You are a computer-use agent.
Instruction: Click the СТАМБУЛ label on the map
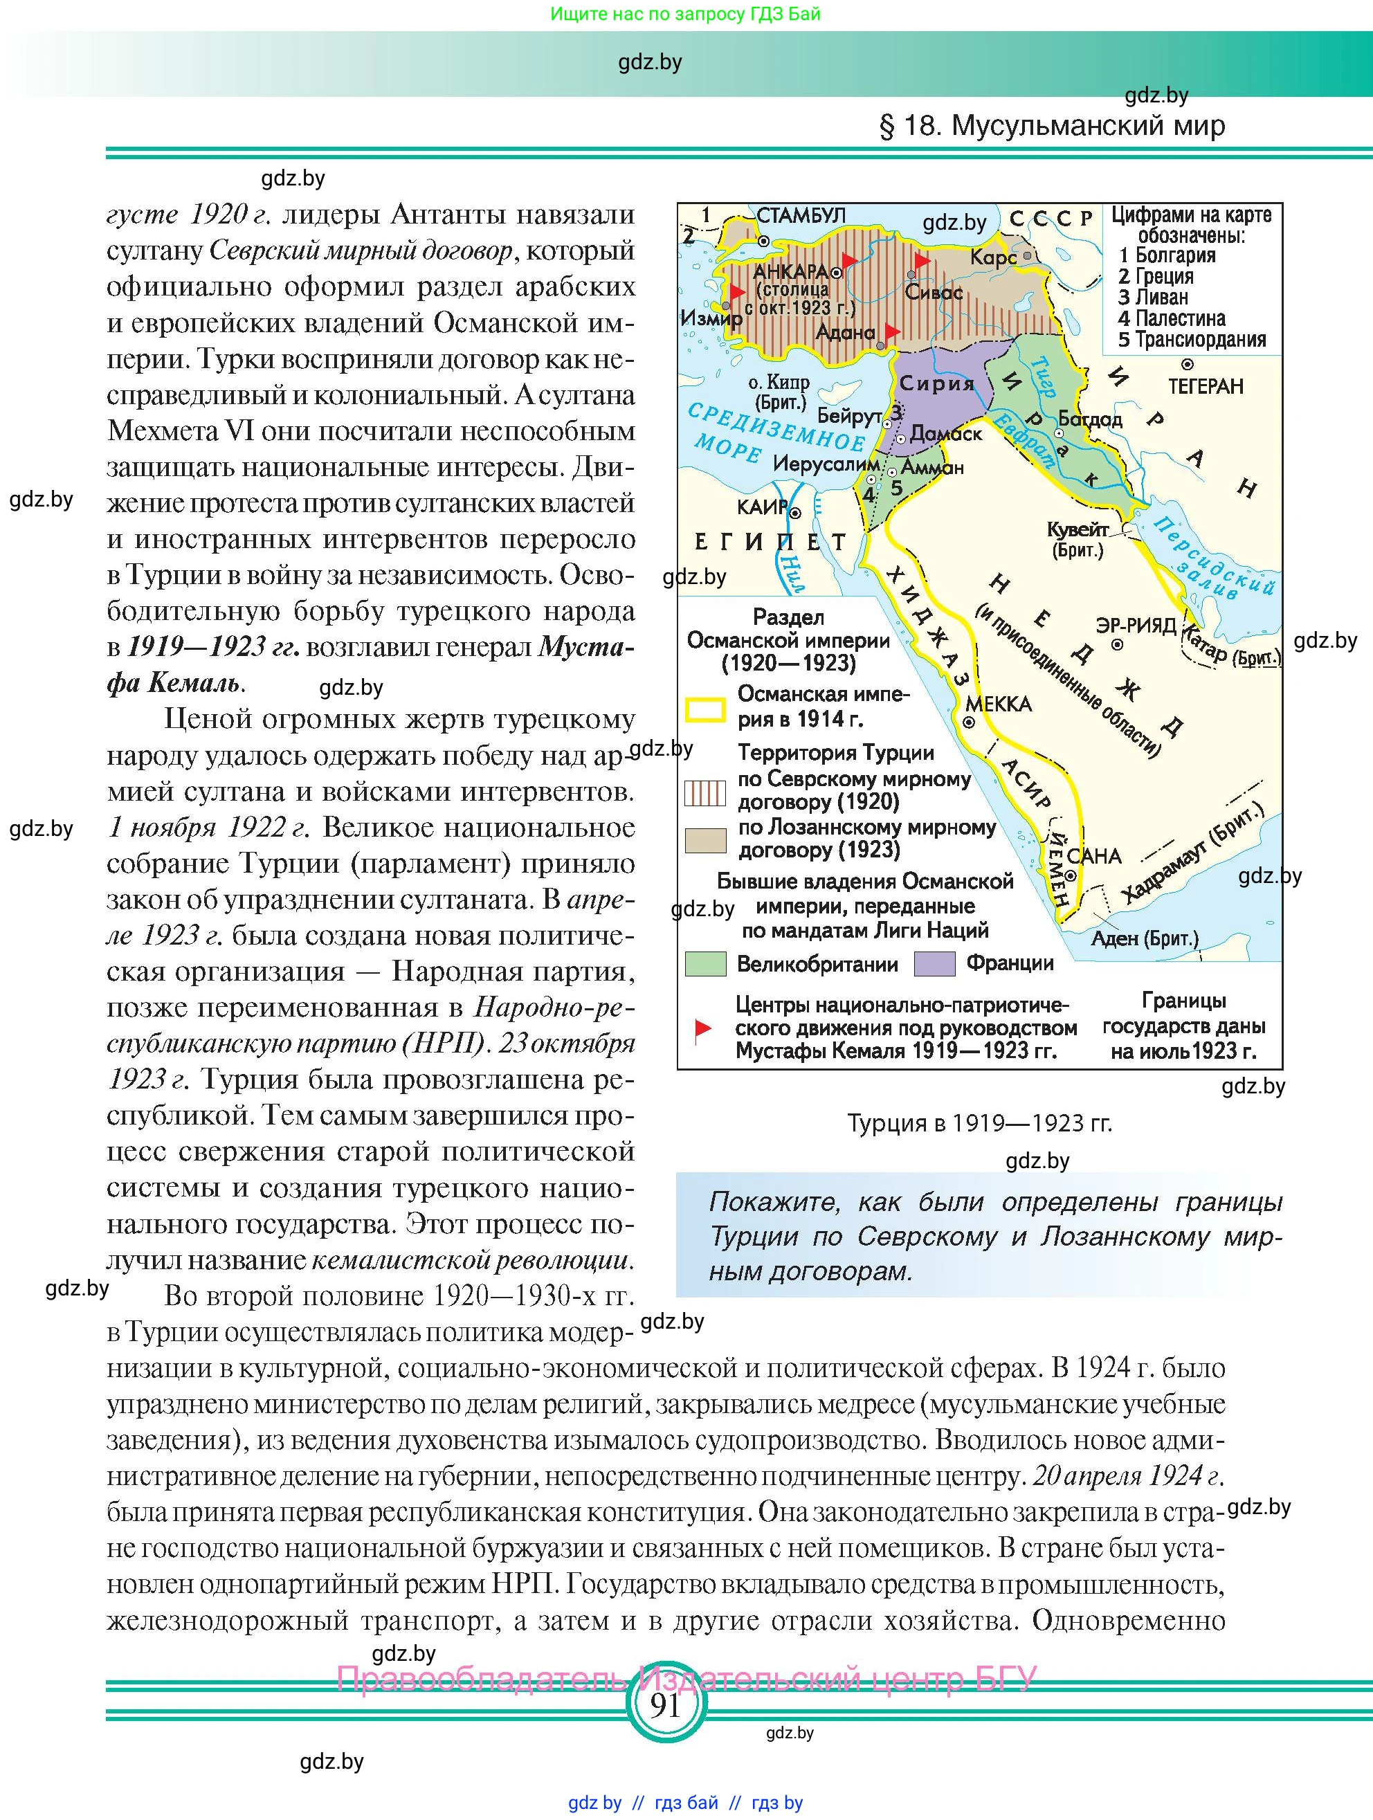tap(801, 217)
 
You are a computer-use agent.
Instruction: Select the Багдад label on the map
tap(1089, 419)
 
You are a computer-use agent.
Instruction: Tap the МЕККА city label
tap(998, 704)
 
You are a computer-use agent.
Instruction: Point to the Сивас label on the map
tap(933, 292)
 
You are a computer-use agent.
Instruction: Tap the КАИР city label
tap(763, 508)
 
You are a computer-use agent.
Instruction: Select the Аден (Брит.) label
tap(1145, 938)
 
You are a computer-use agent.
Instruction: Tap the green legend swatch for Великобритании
tap(705, 963)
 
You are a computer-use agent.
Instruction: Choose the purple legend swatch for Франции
tap(934, 963)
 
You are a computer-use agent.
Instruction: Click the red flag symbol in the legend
tap(702, 1028)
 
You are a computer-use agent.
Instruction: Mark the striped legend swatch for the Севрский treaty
tap(705, 793)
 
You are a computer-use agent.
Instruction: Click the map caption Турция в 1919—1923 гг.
tap(979, 1123)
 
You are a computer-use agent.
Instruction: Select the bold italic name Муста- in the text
tap(585, 647)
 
